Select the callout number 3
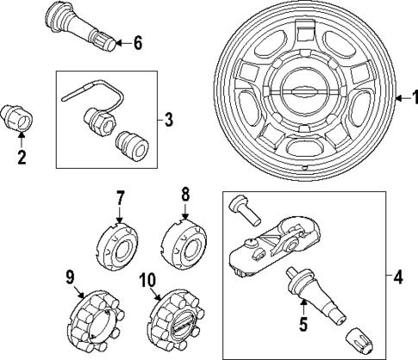tap(167, 120)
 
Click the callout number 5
tap(303, 326)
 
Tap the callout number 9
tap(71, 276)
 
